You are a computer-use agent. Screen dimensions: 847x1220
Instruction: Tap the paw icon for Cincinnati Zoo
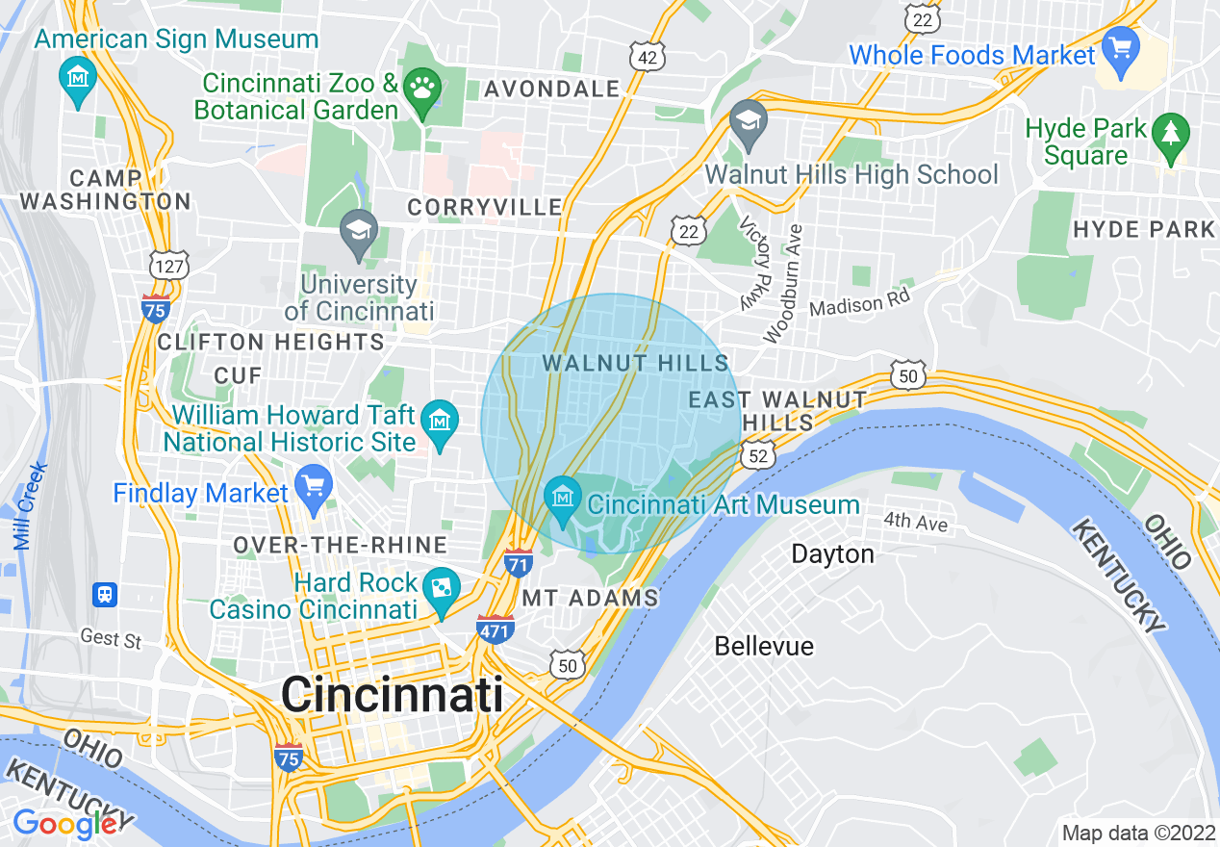pos(420,90)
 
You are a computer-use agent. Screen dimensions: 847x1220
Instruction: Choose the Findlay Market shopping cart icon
pos(313,488)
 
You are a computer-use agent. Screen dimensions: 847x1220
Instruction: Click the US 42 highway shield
pos(648,58)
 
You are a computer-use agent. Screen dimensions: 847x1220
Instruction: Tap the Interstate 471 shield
pos(495,629)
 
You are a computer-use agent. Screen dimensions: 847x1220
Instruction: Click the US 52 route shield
pos(759,455)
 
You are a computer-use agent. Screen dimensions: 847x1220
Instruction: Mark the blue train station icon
pos(104,595)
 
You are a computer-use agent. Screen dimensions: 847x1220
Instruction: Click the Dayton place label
pos(832,554)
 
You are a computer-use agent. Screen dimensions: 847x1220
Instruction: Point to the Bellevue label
pos(764,646)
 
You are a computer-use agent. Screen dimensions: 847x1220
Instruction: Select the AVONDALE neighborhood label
pos(552,90)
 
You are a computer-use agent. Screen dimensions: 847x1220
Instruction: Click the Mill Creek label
pos(31,506)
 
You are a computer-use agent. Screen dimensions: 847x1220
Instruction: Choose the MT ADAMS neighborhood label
pos(590,598)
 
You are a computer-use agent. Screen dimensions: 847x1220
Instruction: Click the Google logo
pos(64,824)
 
